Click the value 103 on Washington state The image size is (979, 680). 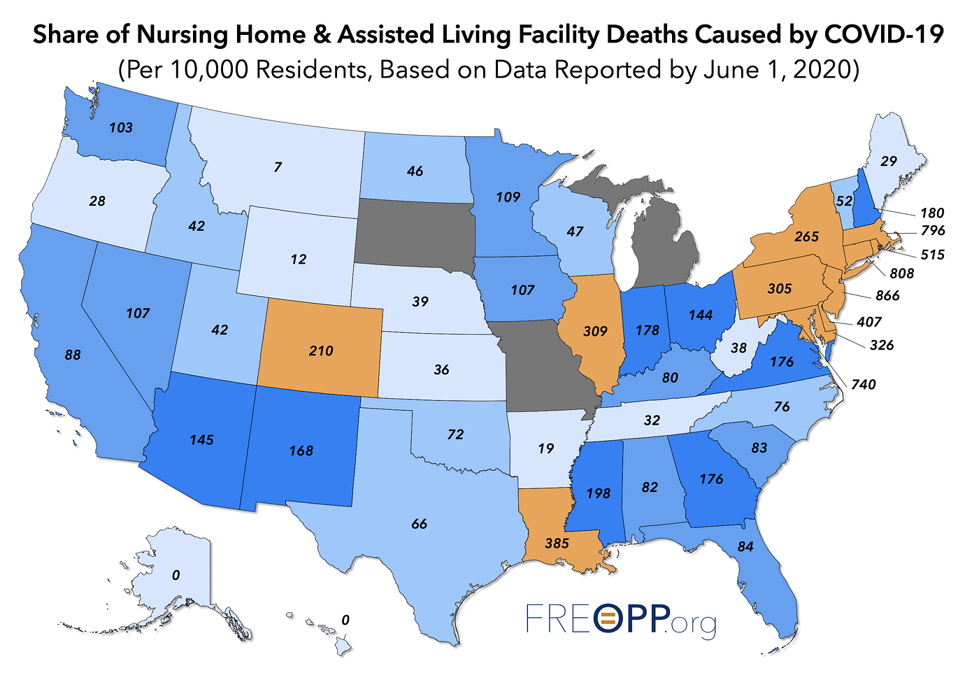(x=121, y=128)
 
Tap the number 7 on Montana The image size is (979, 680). (x=278, y=167)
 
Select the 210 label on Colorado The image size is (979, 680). (x=321, y=350)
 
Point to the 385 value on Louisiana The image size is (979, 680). (x=556, y=543)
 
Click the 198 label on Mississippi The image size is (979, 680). (x=598, y=493)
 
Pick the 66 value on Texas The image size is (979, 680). (x=419, y=524)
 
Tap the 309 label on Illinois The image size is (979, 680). (x=595, y=331)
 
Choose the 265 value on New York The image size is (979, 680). (x=806, y=236)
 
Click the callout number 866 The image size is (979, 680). (x=887, y=296)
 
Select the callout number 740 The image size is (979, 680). (x=863, y=384)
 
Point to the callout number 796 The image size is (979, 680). (x=933, y=230)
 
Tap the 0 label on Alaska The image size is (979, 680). (x=176, y=575)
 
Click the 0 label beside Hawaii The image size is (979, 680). (x=345, y=620)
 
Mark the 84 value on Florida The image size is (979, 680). (x=745, y=546)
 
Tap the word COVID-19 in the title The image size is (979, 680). (x=884, y=35)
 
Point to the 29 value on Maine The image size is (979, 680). (x=888, y=161)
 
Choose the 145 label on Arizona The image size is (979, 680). (x=201, y=440)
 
